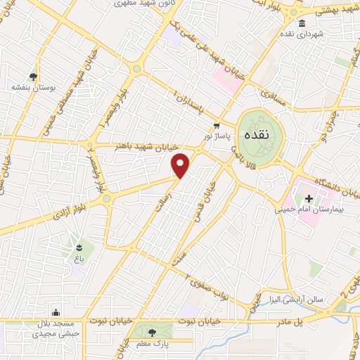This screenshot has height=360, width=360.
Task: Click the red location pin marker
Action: coord(181,165)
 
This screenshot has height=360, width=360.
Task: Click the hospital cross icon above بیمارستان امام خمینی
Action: coord(308,199)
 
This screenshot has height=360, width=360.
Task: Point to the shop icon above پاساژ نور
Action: coord(206,125)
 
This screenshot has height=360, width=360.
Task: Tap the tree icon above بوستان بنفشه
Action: coord(32,77)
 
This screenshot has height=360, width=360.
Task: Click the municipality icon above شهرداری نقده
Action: coord(302,25)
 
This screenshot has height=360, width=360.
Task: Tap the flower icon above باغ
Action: coord(79,247)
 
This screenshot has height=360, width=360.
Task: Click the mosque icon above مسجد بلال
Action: coord(56,313)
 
